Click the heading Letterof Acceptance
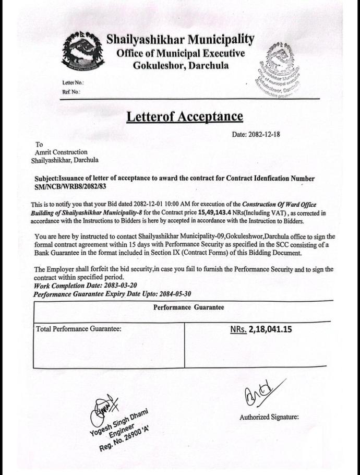point(184,116)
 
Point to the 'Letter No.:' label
point(73,83)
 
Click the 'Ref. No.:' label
point(72,92)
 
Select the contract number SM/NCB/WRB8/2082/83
point(74,186)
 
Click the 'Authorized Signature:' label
point(269,417)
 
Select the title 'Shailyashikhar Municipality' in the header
point(180,39)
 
